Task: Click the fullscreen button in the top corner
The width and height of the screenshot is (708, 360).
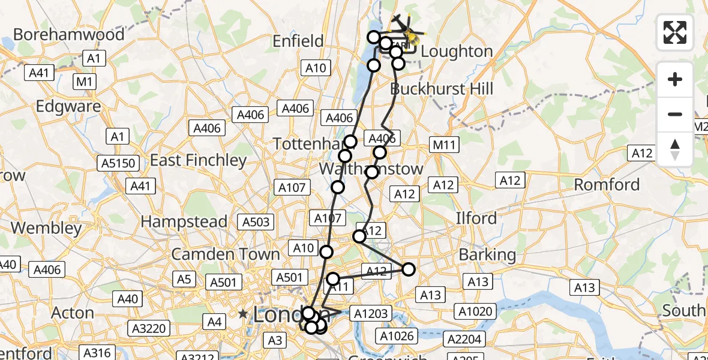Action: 675,32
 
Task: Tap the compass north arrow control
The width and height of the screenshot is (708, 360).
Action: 675,149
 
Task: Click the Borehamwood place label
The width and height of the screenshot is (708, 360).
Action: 69,34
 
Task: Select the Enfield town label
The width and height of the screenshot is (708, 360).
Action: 298,41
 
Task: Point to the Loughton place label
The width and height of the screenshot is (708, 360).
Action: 457,52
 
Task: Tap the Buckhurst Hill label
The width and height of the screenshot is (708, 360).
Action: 442,89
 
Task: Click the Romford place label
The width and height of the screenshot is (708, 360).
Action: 607,185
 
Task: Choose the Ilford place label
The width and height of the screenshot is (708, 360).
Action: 476,218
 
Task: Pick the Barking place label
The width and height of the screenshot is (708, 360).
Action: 487,254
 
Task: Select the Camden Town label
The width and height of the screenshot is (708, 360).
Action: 226,254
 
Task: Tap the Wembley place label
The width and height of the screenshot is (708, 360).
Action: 46,228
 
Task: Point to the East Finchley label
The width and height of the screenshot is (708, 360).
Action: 198,160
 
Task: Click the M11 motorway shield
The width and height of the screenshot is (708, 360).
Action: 444,145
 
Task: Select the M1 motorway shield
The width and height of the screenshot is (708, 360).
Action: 85,81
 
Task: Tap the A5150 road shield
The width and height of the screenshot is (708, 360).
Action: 120,163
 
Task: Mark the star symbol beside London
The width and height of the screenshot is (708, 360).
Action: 242,314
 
